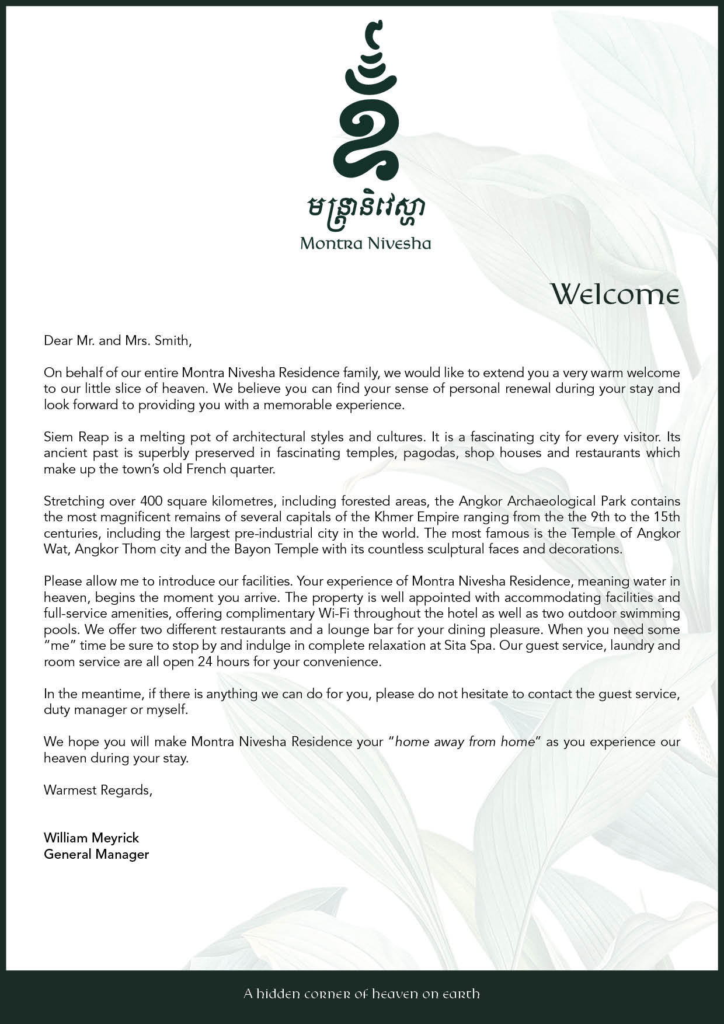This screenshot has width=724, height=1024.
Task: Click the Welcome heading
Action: (x=615, y=294)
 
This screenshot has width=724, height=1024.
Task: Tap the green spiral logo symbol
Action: (x=366, y=105)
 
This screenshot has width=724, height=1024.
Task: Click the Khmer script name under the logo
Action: (x=366, y=214)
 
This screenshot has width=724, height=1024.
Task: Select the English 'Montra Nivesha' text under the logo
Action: (x=366, y=243)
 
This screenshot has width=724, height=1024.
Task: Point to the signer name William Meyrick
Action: (x=91, y=838)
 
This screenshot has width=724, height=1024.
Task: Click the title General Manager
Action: (x=96, y=854)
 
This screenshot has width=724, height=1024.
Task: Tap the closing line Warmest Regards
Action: (x=98, y=790)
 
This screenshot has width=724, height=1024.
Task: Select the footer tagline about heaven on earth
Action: (x=362, y=994)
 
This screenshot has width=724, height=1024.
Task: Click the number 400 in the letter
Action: (x=151, y=501)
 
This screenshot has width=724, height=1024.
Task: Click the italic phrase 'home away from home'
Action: (x=465, y=741)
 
